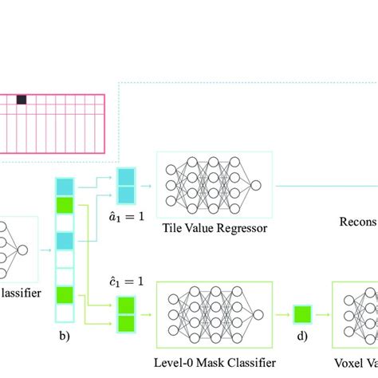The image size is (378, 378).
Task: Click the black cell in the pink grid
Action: [x=22, y=100]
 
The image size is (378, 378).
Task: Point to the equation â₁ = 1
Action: [x=128, y=215]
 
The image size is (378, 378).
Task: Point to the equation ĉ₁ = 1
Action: [x=128, y=282]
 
